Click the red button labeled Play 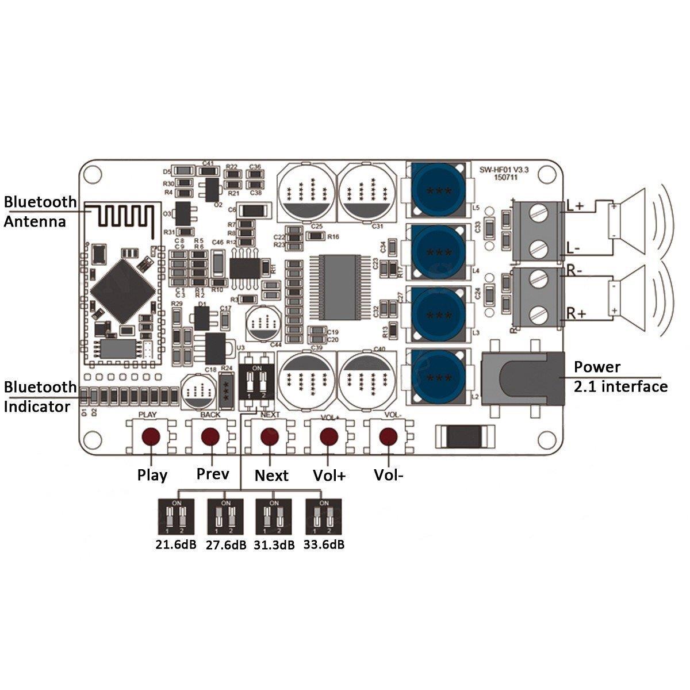click(x=151, y=435)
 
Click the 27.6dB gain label click(x=225, y=545)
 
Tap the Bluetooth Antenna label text click(x=40, y=211)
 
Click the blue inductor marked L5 click(x=438, y=190)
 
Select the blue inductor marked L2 click(x=438, y=377)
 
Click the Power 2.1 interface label click(x=620, y=376)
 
